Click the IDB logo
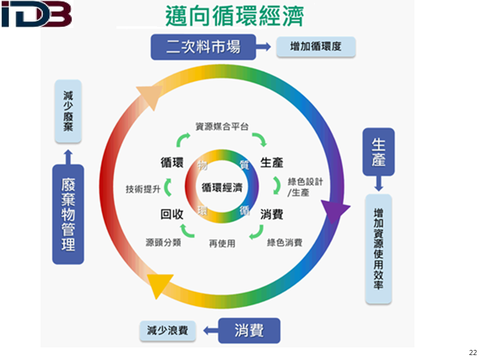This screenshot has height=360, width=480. [36, 14]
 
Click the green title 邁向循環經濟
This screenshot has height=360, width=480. [234, 15]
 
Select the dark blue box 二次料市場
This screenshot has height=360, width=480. [203, 47]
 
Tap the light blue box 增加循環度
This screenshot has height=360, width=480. [315, 46]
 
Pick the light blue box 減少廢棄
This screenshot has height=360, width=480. [68, 111]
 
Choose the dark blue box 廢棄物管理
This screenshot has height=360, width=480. [68, 214]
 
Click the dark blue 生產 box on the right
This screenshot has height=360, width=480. [378, 152]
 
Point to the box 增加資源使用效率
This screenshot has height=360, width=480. [378, 249]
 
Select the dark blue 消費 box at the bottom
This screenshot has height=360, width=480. [249, 330]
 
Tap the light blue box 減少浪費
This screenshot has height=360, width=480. [167, 330]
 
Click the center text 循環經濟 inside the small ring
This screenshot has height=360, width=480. [222, 187]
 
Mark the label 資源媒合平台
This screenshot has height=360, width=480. [222, 126]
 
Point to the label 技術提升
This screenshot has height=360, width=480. [143, 189]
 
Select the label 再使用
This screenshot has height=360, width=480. [222, 243]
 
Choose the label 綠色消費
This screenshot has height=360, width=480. [284, 243]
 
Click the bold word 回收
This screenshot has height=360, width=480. [171, 214]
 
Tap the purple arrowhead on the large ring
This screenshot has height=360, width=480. [334, 210]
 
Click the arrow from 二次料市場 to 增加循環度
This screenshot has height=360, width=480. [263, 46]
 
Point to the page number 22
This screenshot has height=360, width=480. [472, 352]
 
